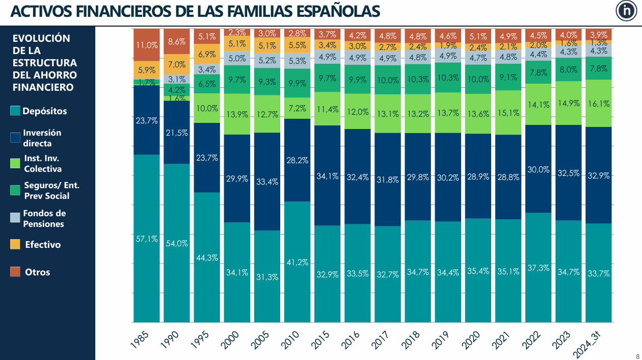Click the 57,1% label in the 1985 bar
(146, 239)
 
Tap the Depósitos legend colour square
(16, 111)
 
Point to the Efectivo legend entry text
(43, 245)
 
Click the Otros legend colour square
(16, 272)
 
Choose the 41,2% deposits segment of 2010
(297, 262)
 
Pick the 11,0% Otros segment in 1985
(146, 45)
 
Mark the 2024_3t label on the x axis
(591, 342)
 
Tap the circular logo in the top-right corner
(625, 11)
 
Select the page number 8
(637, 355)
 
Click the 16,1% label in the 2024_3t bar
(599, 104)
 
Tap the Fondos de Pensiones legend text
(44, 219)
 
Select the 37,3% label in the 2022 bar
(538, 268)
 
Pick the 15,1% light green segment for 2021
(508, 113)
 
